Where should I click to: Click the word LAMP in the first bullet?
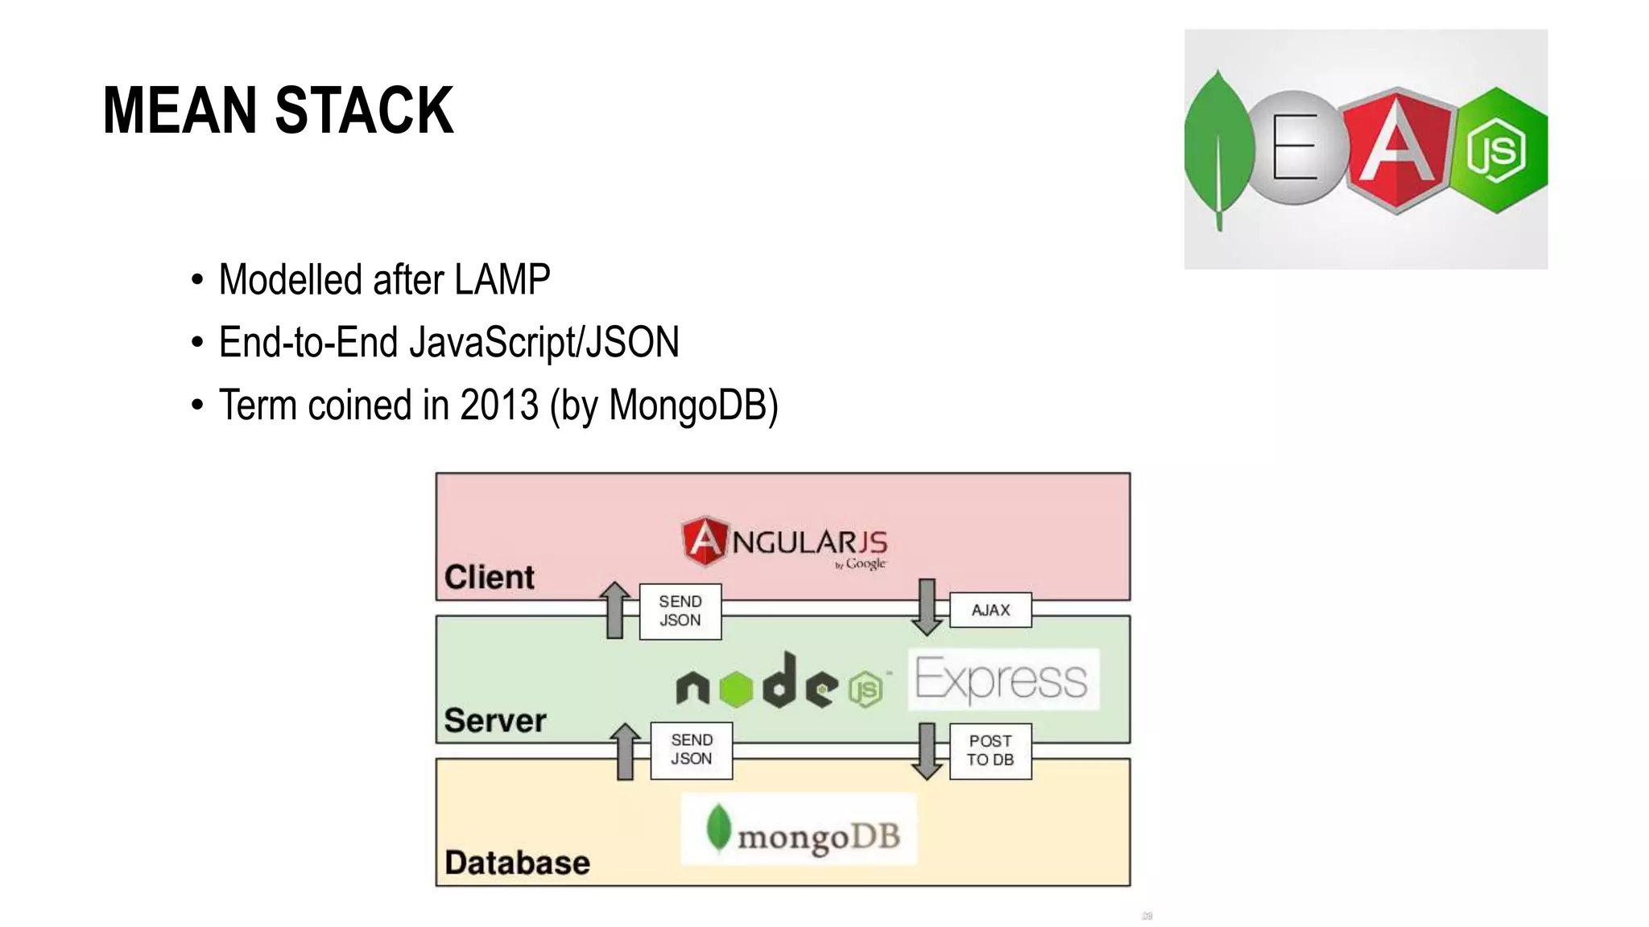(502, 280)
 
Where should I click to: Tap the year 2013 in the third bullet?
(498, 405)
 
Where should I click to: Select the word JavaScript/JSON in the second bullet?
(544, 343)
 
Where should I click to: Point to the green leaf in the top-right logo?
(1218, 149)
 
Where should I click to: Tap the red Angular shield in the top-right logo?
(1397, 150)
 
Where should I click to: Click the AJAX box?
(990, 610)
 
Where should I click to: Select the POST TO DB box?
(990, 750)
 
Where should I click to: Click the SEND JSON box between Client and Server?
(680, 612)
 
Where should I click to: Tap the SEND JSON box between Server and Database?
(692, 750)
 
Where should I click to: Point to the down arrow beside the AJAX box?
(928, 607)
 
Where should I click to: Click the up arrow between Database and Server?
(625, 751)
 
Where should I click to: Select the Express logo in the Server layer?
(1003, 679)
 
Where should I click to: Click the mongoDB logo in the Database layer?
(799, 830)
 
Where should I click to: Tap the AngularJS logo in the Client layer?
(784, 542)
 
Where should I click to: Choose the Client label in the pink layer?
(489, 577)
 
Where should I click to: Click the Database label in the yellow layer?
(517, 863)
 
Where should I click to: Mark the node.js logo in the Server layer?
(779, 682)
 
